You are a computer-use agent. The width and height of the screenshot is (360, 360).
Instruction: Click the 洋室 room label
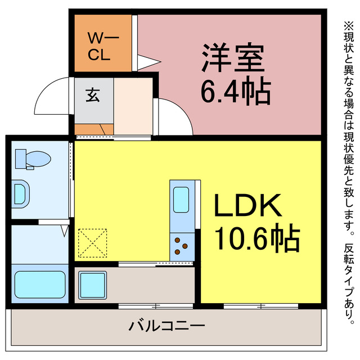[234, 57]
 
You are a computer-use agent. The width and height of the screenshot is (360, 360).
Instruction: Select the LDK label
[247, 207]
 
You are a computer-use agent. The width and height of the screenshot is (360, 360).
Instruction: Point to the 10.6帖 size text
[256, 238]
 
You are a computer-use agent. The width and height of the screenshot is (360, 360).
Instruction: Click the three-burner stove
[182, 246]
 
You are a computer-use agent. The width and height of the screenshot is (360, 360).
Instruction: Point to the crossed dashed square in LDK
[93, 242]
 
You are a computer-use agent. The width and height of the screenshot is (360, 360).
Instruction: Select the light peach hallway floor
[133, 107]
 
